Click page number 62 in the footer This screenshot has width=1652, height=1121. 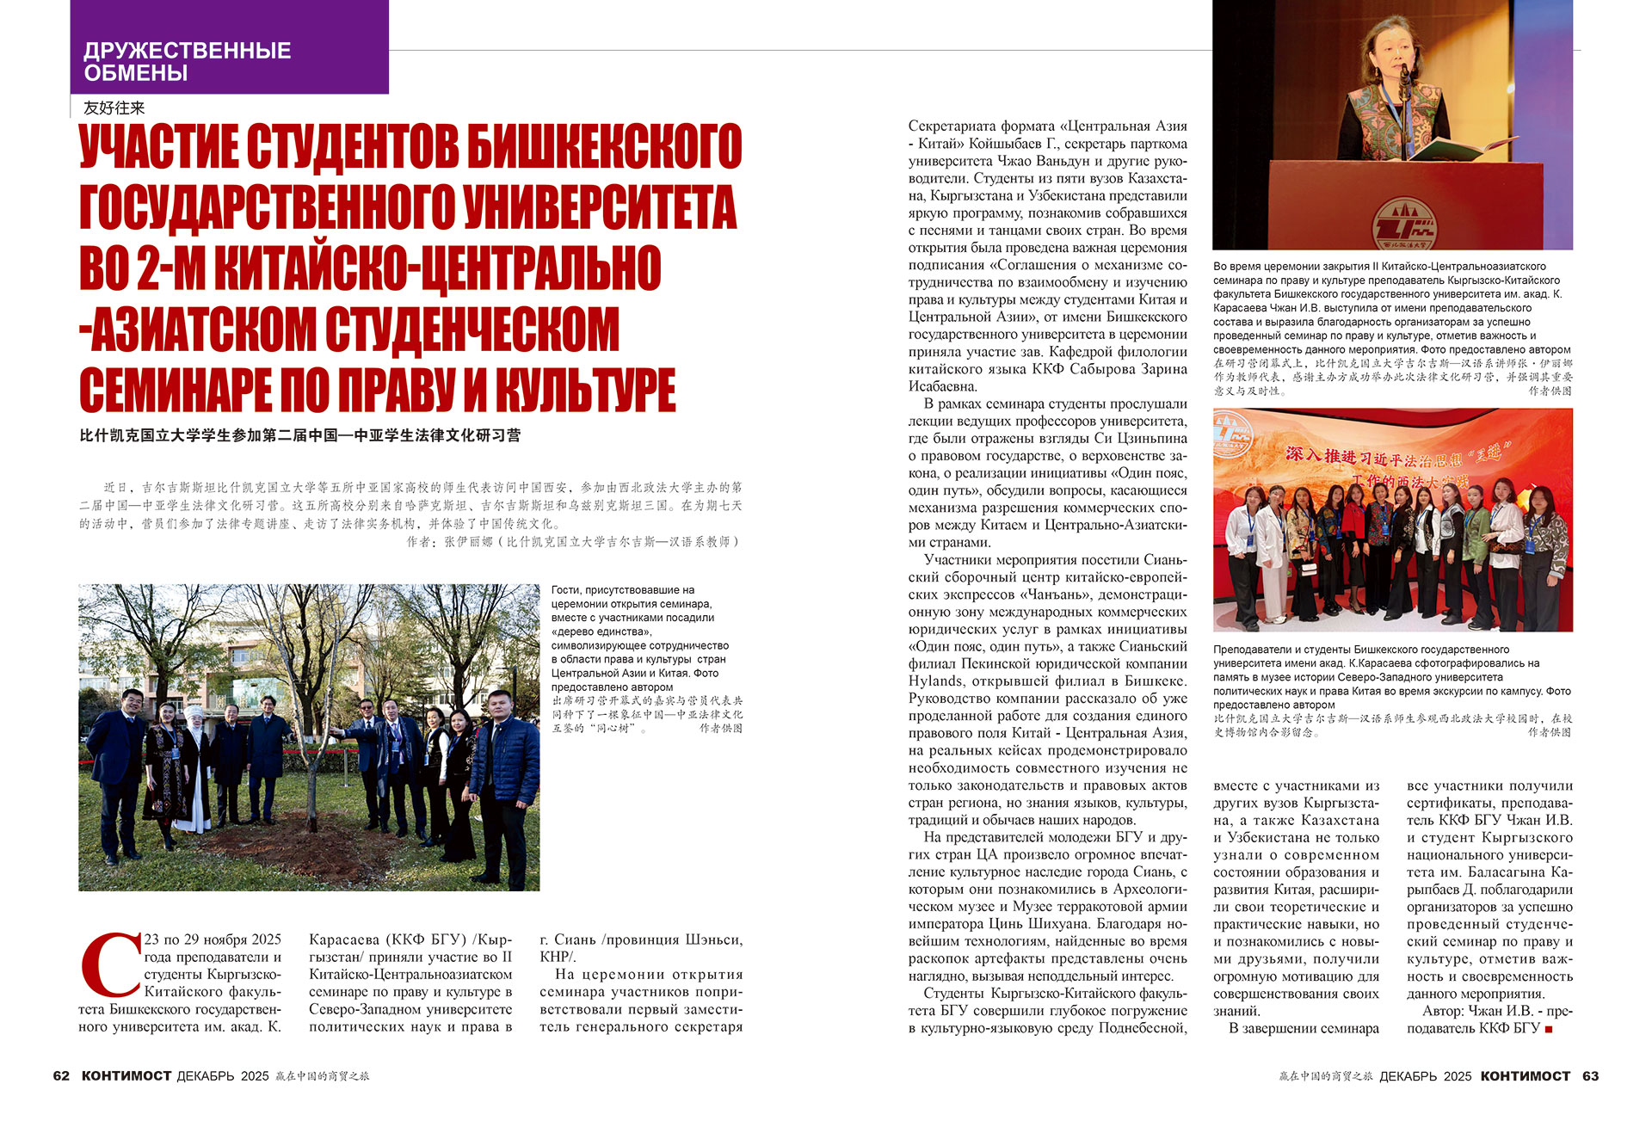click(61, 1076)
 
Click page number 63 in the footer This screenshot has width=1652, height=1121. click(1590, 1076)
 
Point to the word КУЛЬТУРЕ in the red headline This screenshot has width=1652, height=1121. click(586, 391)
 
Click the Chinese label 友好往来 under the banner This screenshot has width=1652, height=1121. click(114, 108)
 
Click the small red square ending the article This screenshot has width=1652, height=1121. click(1549, 1029)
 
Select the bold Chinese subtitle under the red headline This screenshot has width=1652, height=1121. click(300, 435)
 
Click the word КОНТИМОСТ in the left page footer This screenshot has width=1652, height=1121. click(126, 1076)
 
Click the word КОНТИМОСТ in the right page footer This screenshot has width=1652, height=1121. click(1526, 1076)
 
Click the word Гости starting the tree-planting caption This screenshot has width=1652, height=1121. click(567, 590)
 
